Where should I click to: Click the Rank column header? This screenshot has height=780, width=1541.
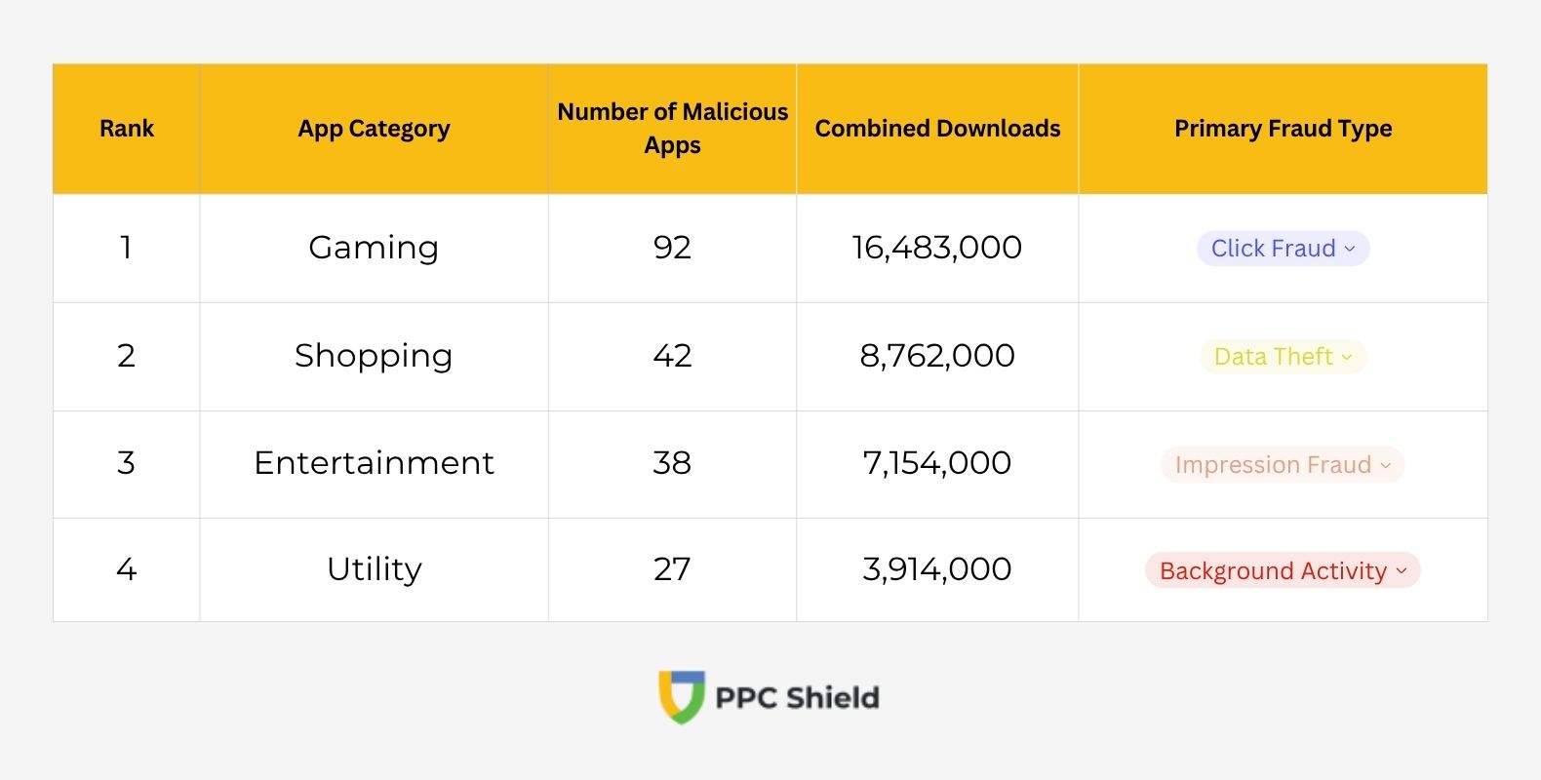point(127,129)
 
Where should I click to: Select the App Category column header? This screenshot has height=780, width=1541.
point(374,129)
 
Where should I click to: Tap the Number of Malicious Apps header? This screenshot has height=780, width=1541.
point(672,129)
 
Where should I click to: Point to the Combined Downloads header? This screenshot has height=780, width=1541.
point(937,129)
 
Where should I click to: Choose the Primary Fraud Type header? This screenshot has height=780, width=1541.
point(1283,129)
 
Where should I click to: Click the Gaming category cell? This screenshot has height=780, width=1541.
point(374,248)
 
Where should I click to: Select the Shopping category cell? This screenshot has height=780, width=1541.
point(374,356)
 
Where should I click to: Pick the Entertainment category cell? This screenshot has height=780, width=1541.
point(374,463)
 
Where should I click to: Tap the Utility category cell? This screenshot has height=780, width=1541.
point(374,569)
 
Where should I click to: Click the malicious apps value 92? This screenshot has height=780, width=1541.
point(672,248)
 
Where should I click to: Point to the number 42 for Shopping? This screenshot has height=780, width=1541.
point(672,356)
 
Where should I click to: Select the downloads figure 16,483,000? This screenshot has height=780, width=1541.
point(937,248)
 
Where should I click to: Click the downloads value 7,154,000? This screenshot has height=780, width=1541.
point(937,463)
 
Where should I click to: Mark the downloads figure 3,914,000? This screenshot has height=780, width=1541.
point(937,569)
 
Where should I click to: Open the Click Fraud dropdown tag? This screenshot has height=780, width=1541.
point(1283,249)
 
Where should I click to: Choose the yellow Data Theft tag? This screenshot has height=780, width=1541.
point(1283,357)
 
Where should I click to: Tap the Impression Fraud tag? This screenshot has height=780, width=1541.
point(1283,465)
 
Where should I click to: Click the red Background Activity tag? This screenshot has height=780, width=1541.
point(1283,570)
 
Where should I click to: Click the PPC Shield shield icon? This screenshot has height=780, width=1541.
point(682,696)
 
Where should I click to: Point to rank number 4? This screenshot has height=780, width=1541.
point(127,569)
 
